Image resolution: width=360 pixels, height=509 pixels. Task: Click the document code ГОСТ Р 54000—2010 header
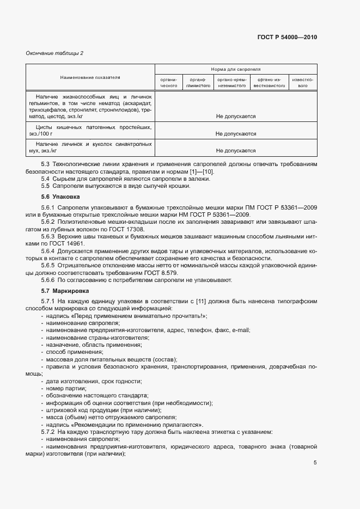(286, 38)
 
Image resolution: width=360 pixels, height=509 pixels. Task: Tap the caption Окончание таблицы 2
(54, 53)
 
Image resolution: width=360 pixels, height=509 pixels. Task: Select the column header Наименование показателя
(90, 78)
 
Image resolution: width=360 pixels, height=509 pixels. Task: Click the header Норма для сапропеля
(236, 70)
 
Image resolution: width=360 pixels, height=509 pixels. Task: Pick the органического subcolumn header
(169, 82)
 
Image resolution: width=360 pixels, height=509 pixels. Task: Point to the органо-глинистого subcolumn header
(197, 82)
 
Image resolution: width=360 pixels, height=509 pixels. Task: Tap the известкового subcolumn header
(303, 82)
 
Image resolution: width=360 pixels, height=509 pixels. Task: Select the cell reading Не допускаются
(236, 133)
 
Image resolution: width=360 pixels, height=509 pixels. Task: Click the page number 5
(315, 463)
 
